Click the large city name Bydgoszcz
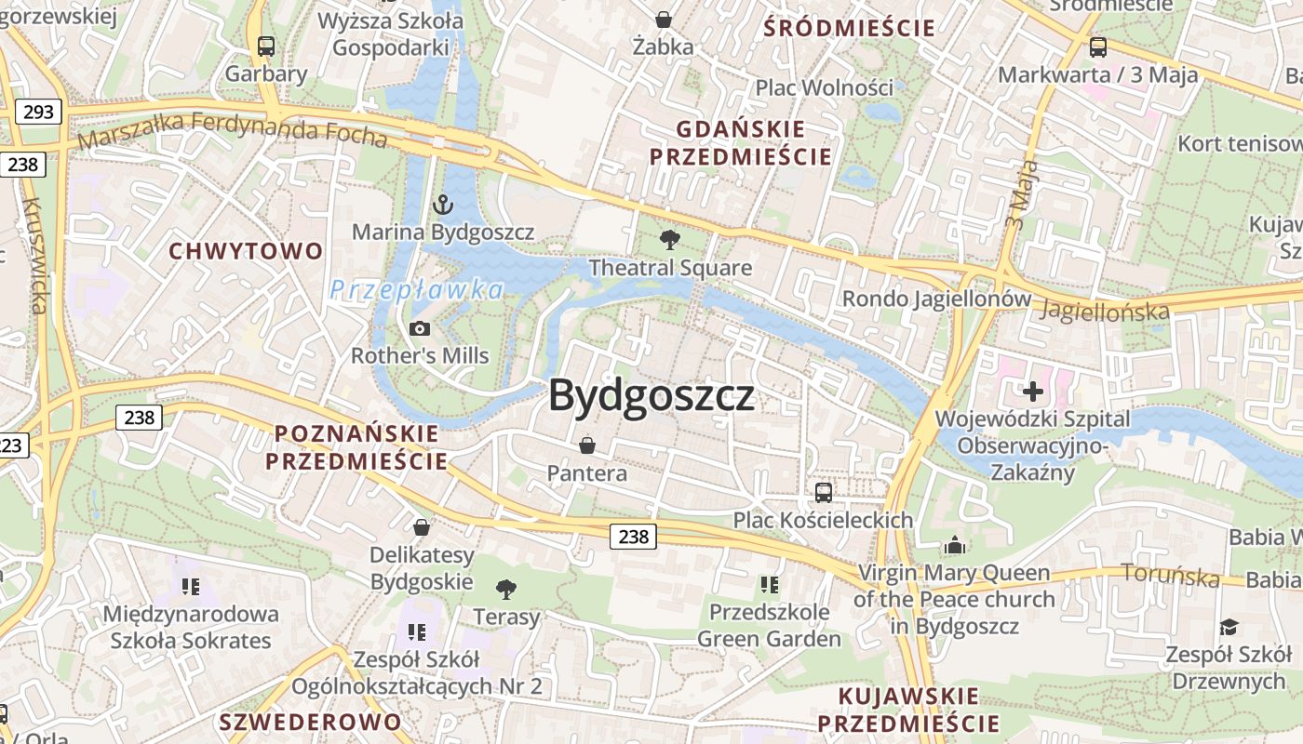pos(651,396)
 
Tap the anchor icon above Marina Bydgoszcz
pos(443,204)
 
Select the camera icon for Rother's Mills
pos(420,328)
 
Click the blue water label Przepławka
pos(416,290)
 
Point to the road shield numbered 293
pos(38,113)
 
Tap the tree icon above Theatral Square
pos(669,240)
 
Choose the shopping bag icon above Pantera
pos(586,445)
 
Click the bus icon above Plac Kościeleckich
pos(823,492)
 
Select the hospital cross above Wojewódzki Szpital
pos(1032,391)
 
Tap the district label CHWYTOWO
pos(246,251)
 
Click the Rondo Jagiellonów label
pos(936,299)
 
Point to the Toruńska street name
pos(1171,576)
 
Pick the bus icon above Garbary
pos(266,46)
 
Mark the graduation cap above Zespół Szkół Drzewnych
pos(1229,626)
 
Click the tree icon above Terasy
pos(506,589)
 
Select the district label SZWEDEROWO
pos(310,722)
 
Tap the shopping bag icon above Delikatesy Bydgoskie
pos(422,527)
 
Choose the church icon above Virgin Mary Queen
pos(954,545)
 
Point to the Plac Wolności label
pos(824,87)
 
